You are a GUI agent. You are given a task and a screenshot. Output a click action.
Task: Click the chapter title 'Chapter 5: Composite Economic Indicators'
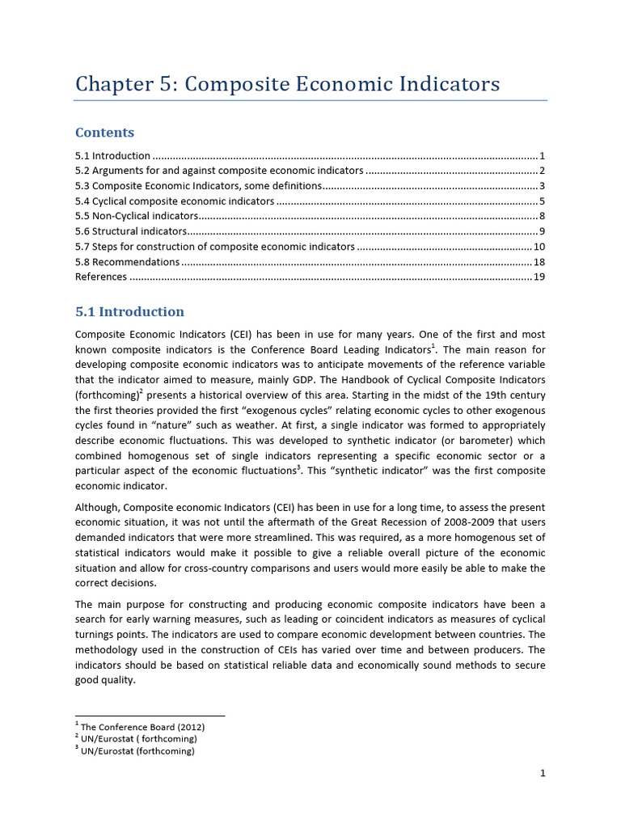tap(287, 84)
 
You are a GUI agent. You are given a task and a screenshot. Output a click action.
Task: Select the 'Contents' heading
tap(104, 133)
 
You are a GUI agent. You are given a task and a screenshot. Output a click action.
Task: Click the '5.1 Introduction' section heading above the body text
tap(129, 312)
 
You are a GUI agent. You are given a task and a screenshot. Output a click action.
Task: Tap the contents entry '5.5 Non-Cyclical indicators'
tap(136, 216)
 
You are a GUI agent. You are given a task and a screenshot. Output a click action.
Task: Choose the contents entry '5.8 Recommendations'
tap(127, 262)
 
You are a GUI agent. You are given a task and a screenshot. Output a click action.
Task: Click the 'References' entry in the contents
tap(100, 277)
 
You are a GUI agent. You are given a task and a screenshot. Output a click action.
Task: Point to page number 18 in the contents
tap(539, 262)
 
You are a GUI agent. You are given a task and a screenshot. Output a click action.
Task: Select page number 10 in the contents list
tap(539, 247)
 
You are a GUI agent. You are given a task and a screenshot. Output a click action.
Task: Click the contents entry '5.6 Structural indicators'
tap(130, 231)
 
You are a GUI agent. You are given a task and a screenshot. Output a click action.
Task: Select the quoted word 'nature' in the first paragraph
tap(168, 425)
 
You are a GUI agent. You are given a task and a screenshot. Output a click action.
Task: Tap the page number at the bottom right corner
tap(543, 773)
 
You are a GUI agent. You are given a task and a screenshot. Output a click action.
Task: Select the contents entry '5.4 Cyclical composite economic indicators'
tap(174, 201)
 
